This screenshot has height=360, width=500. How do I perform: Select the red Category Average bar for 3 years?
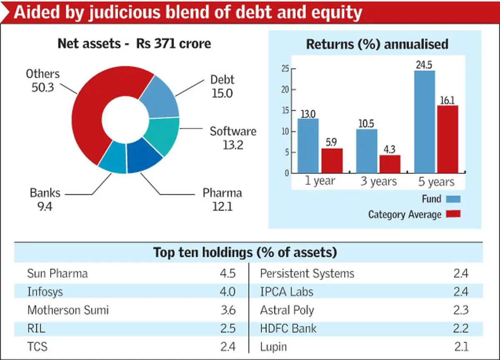(390, 164)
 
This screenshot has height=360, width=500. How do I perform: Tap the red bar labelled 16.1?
(447, 139)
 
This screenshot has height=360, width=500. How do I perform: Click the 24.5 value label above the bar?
(425, 65)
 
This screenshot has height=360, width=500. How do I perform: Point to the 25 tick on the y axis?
(285, 69)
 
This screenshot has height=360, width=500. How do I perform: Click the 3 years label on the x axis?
(378, 182)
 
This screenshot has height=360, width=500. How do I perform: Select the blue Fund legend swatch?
(453, 199)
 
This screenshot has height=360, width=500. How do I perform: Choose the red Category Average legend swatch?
(453, 214)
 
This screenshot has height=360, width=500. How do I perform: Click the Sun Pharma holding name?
(57, 274)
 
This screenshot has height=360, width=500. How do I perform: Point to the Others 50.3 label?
(43, 81)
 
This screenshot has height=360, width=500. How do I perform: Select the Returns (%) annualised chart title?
(377, 45)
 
